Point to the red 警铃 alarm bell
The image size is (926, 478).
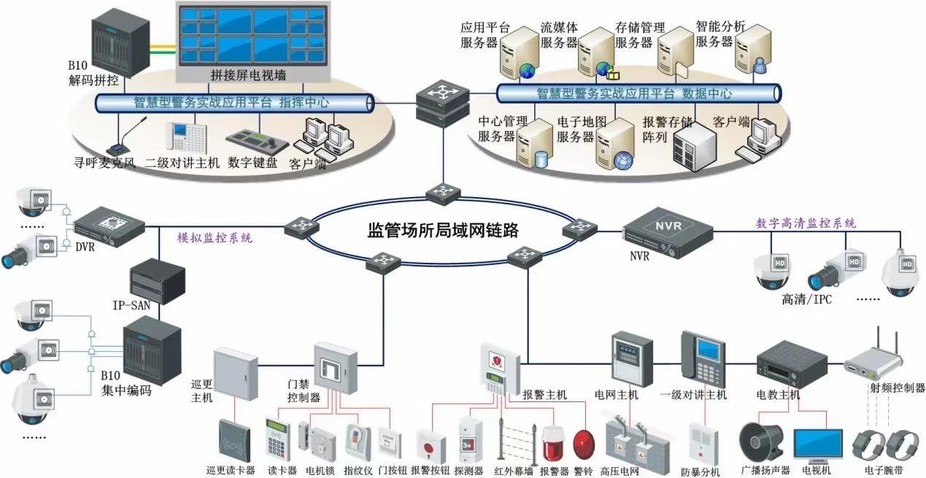point(584,444)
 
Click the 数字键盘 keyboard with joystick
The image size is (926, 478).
point(253,139)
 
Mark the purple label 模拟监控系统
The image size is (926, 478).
point(215,239)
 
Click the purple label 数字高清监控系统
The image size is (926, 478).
point(806,223)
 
